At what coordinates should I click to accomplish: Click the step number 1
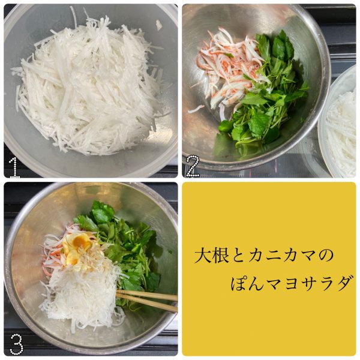tap(14, 167)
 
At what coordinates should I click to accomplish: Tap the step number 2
tap(193, 166)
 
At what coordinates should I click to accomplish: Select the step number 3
tap(16, 344)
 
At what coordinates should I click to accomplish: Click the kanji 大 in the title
tap(203, 255)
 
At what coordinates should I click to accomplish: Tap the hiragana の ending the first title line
tap(325, 256)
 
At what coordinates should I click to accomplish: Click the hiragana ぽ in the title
tap(239, 283)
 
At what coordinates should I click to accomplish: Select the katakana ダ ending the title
tap(344, 283)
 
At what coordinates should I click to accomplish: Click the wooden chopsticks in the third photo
tap(147, 300)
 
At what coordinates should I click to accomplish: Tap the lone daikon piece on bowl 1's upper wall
tap(159, 25)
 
